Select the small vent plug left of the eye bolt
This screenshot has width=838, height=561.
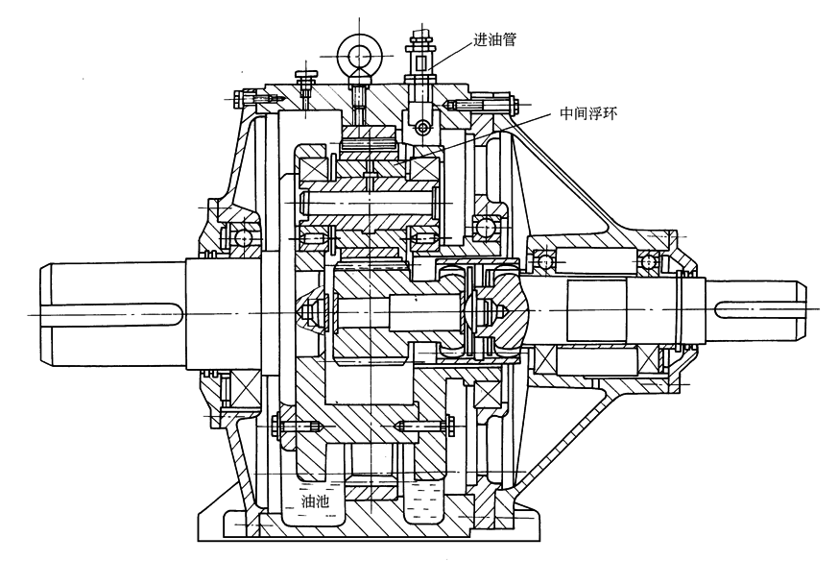(305, 80)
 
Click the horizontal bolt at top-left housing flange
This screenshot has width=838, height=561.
(251, 98)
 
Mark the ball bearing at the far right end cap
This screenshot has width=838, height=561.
(652, 261)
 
